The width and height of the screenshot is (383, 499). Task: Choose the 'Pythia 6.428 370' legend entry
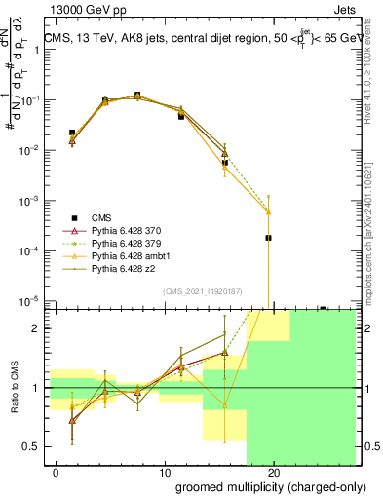click(x=130, y=230)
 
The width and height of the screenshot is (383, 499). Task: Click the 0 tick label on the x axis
click(x=57, y=473)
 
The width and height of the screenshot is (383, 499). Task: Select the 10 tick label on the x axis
click(x=165, y=473)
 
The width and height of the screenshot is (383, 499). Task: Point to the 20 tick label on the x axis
click(x=274, y=473)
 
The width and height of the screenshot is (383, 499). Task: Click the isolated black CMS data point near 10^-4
click(x=268, y=237)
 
